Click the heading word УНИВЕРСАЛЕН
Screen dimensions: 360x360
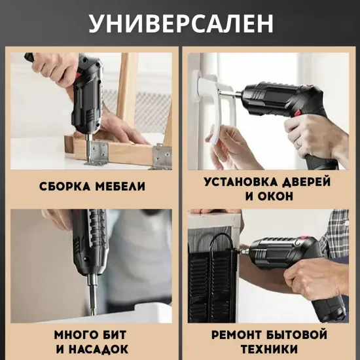[x=180, y=23]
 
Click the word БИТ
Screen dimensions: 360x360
[x=118, y=334]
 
